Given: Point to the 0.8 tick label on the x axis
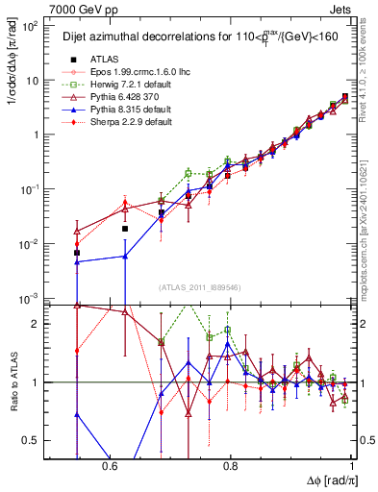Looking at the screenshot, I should click(x=230, y=465).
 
